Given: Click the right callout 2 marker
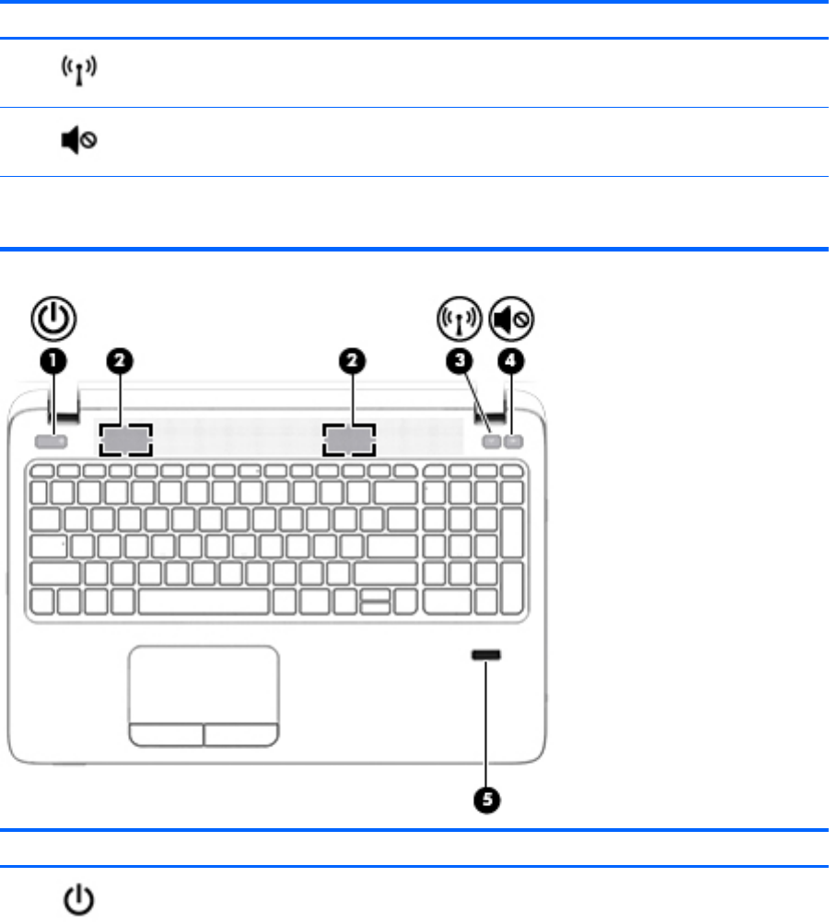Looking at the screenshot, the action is (x=350, y=364).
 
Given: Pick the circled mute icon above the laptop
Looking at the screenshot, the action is (x=511, y=320).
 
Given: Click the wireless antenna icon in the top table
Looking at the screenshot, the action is (x=80, y=72).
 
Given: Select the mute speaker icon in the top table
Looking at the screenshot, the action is (x=81, y=142).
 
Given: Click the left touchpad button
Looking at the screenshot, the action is (x=166, y=733).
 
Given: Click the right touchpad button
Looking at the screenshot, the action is (x=241, y=733).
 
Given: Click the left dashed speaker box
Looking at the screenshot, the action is (x=125, y=440).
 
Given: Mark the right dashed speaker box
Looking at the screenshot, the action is (x=350, y=440).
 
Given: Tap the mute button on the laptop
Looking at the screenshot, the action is (x=515, y=441).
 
